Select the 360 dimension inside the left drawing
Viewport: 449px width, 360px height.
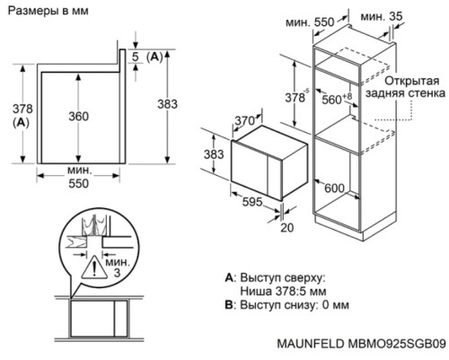pyautogui.click(x=79, y=116)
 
